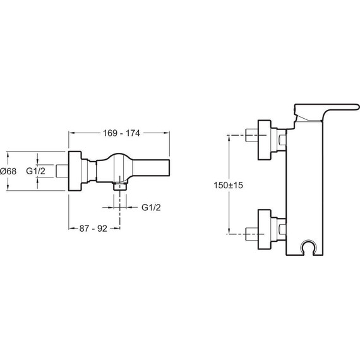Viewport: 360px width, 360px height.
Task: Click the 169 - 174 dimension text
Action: click(x=121, y=133)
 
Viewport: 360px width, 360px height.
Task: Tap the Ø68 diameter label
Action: click(x=8, y=171)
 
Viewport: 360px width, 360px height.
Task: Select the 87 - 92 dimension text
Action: click(x=93, y=229)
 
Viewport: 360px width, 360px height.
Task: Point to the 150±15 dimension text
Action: click(x=228, y=185)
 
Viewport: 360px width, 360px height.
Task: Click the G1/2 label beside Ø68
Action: click(x=35, y=171)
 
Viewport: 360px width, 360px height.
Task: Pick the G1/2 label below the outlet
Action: click(x=151, y=208)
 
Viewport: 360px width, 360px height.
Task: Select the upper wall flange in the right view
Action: click(x=265, y=140)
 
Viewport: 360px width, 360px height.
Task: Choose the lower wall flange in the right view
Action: click(x=265, y=229)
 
